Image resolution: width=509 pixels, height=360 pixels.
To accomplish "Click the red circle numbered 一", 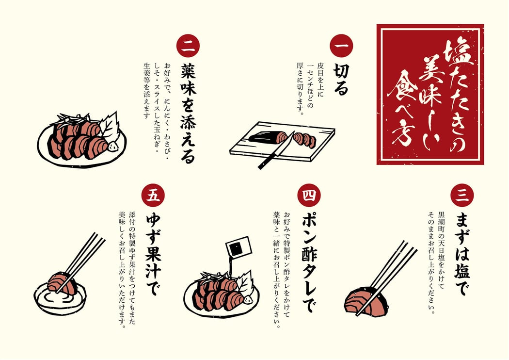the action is click(x=341, y=46).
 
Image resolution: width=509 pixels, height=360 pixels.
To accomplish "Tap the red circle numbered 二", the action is click(x=188, y=46).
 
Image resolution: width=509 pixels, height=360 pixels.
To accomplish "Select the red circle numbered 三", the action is click(x=462, y=195).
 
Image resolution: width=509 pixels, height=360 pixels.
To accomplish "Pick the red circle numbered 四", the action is click(x=309, y=195).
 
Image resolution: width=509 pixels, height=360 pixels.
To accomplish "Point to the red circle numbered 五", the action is click(x=153, y=195).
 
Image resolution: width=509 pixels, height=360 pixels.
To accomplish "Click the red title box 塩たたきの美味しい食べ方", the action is click(x=430, y=94).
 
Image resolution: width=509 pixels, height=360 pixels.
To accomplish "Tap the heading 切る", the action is click(x=341, y=80).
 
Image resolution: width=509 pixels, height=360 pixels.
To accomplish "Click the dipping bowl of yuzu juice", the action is click(x=61, y=297).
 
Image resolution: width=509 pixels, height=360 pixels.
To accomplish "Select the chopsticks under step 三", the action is click(x=386, y=278).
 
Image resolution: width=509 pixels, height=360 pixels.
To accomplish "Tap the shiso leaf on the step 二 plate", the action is click(x=109, y=127).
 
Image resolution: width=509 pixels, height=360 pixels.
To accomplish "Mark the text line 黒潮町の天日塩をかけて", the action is click(x=442, y=251).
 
